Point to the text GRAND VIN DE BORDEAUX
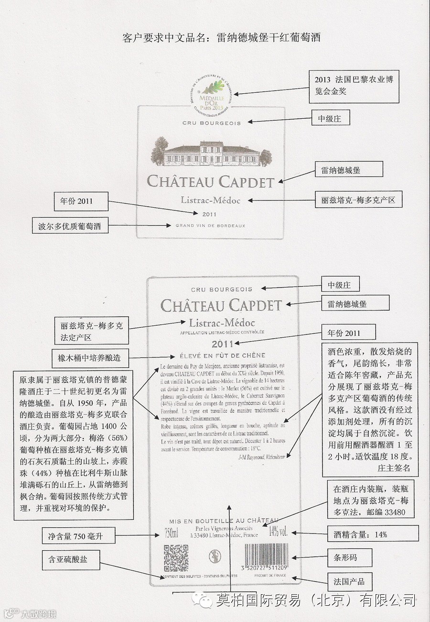[x=210, y=225]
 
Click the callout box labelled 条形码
[x=349, y=557]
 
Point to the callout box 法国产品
[x=349, y=581]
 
